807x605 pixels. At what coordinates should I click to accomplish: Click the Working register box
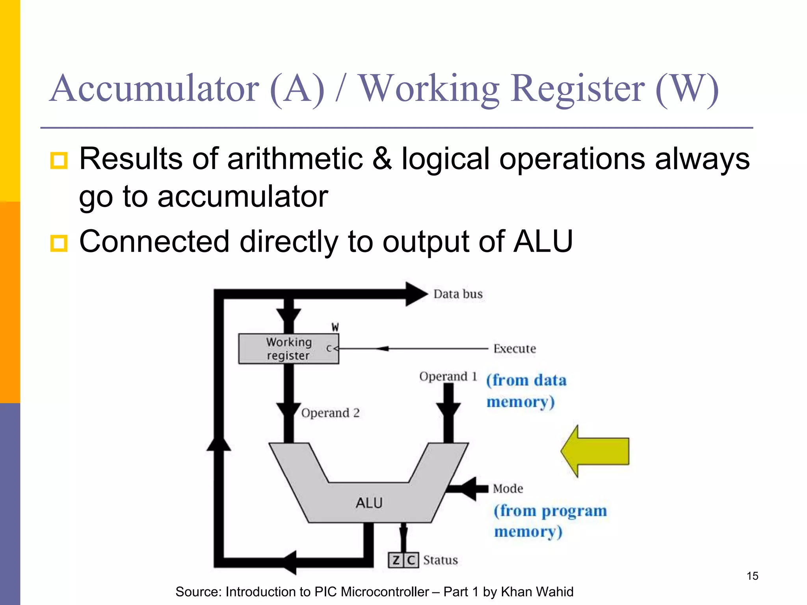click(288, 349)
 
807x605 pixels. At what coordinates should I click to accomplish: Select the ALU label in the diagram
click(369, 503)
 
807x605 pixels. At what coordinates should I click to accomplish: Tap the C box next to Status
click(411, 560)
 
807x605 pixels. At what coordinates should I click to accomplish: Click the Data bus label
click(458, 294)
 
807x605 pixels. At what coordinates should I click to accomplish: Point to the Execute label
click(515, 349)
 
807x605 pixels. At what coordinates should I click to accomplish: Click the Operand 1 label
click(448, 377)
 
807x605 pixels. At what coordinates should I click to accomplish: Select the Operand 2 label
click(330, 413)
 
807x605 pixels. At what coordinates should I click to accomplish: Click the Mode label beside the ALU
click(508, 489)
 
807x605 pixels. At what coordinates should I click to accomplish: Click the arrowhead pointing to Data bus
click(416, 294)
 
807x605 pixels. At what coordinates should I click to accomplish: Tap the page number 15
click(752, 576)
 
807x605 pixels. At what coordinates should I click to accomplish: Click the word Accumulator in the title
click(154, 89)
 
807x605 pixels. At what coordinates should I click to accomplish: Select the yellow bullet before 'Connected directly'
click(59, 243)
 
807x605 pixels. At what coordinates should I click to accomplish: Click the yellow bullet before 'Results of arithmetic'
click(59, 160)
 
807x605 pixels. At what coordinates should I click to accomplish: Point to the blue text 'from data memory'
click(526, 391)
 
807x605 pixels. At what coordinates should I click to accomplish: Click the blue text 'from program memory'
click(550, 521)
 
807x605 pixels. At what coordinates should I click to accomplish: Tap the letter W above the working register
click(335, 327)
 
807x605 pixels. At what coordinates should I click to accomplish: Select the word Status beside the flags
click(441, 560)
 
